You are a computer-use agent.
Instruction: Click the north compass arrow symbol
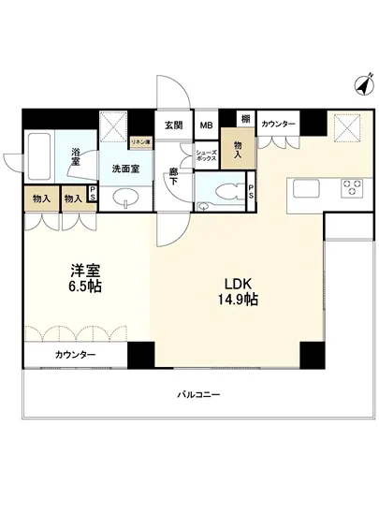tap(360, 86)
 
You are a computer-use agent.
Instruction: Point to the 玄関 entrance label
tap(174, 125)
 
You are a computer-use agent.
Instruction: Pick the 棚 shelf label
tap(244, 119)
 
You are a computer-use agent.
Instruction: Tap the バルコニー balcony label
tap(198, 395)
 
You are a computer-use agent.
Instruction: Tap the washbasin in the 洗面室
tap(126, 199)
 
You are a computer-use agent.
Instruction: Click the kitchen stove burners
tap(352, 186)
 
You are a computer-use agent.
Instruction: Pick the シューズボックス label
tap(206, 157)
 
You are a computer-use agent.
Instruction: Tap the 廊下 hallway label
tap(174, 176)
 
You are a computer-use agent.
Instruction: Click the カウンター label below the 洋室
tap(75, 355)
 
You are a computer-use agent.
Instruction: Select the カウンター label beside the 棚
tap(278, 125)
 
